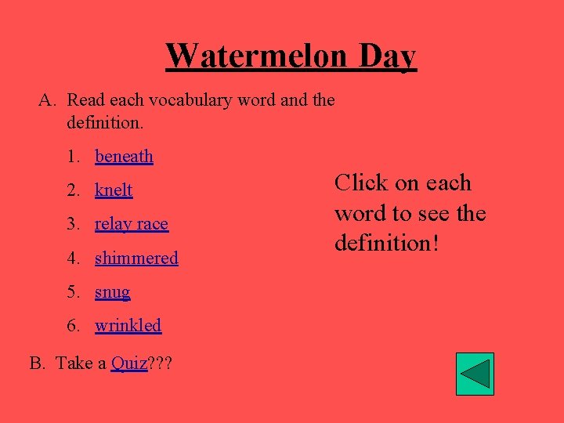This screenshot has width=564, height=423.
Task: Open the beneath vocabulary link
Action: click(124, 157)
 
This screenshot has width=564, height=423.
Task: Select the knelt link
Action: click(114, 190)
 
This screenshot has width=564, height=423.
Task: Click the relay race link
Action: click(132, 224)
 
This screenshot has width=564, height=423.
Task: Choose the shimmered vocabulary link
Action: click(136, 258)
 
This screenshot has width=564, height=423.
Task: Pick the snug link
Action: click(112, 292)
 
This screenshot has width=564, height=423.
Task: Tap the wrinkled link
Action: click(128, 325)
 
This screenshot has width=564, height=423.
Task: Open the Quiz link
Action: click(129, 363)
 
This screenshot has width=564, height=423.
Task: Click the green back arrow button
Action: click(475, 374)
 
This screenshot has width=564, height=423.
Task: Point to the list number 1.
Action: click(73, 157)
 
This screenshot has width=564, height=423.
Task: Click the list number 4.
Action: click(73, 258)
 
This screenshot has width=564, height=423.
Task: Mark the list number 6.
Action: click(73, 325)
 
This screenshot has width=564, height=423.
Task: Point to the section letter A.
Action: click(45, 100)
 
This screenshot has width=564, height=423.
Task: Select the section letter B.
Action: click(36, 363)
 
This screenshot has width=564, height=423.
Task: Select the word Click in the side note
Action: click(361, 183)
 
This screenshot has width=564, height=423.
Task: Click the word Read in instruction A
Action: click(86, 100)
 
